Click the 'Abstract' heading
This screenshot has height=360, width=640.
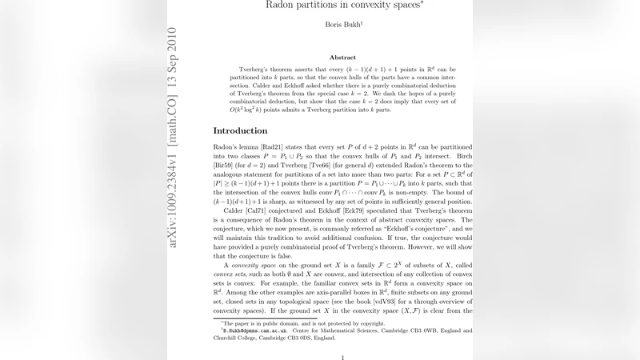(x=342, y=58)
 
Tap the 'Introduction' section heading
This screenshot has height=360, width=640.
(x=240, y=130)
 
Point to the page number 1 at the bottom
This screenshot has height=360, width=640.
(x=342, y=357)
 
